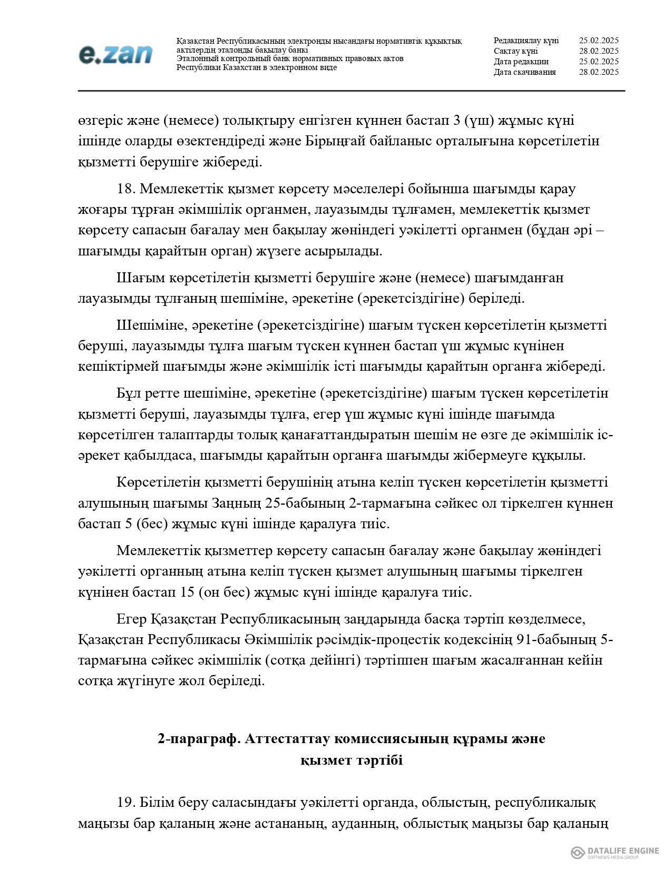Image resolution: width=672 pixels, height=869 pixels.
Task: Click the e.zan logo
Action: pos(116,54)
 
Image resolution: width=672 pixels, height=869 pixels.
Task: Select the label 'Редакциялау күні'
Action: pos(526,41)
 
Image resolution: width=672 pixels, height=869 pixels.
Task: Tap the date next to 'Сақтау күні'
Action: pos(598,51)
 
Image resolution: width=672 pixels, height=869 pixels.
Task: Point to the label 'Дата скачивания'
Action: pos(524,72)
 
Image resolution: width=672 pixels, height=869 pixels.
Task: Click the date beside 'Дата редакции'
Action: pos(598,62)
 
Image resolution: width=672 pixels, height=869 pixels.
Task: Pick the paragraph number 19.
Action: pos(126,803)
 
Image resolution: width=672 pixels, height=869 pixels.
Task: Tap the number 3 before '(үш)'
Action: pos(456,121)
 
